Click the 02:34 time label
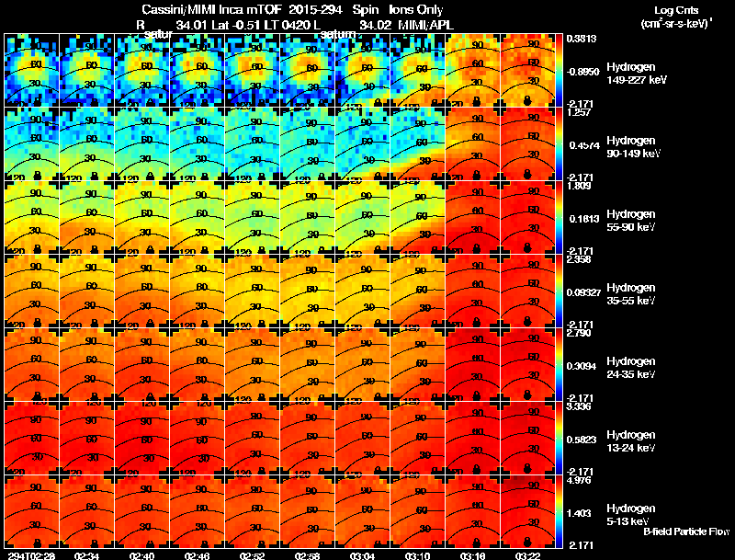[x=87, y=555]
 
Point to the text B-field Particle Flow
[x=685, y=531]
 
